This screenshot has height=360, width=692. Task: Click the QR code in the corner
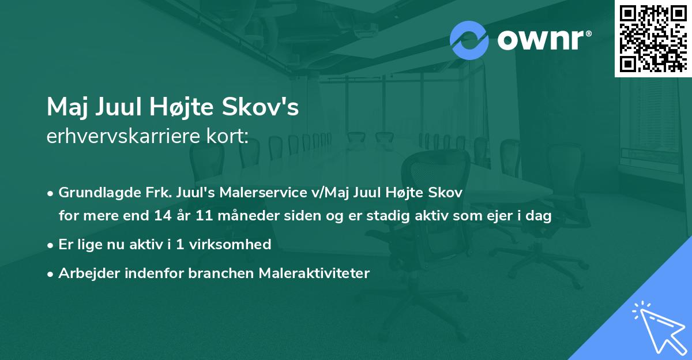(x=653, y=38)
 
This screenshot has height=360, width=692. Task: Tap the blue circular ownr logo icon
(x=469, y=40)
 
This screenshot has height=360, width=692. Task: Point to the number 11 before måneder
(x=206, y=216)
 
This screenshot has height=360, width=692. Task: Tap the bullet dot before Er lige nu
(x=51, y=245)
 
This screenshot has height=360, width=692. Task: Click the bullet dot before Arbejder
(x=51, y=273)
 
